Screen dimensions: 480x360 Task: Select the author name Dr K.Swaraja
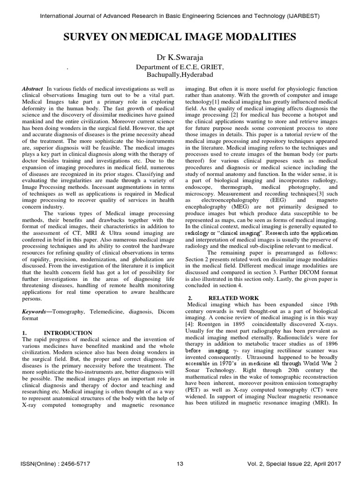click(x=180, y=58)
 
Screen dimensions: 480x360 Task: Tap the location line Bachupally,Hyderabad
click(x=180, y=75)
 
